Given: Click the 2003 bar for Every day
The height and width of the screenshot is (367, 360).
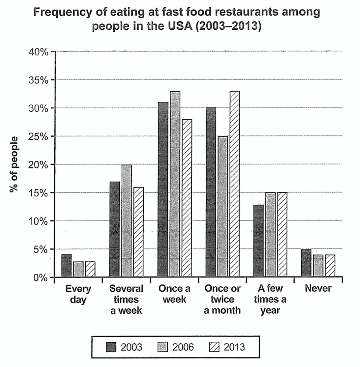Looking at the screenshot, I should pos(66,266).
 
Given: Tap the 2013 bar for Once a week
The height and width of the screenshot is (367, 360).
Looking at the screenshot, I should pos(187,198).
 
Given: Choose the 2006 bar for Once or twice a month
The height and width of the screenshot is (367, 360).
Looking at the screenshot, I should pos(223,207).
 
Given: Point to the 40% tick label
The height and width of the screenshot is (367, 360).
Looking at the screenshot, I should pos(38,52).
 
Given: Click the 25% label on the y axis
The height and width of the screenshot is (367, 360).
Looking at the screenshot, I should pos(38,137).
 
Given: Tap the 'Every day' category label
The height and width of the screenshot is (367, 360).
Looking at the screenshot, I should pos(78,294).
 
